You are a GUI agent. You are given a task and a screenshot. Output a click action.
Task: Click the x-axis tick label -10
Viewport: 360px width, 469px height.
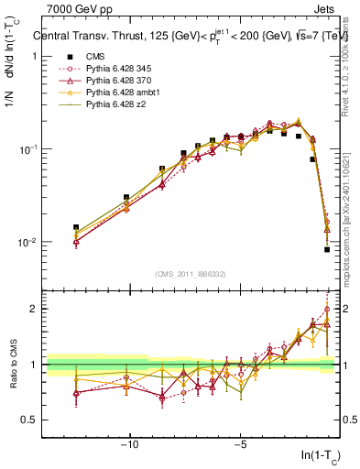click(x=131, y=445)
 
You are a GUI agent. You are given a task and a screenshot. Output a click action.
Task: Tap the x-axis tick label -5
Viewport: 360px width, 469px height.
click(x=240, y=445)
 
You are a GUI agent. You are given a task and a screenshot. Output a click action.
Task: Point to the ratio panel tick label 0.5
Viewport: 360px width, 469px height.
click(x=29, y=420)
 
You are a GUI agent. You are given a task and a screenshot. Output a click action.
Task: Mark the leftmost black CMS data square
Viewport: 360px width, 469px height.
click(x=76, y=227)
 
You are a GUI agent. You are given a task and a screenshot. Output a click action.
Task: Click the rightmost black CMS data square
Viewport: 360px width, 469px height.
click(x=327, y=249)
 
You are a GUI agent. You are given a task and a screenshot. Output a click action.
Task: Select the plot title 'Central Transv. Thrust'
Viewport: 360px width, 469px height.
click(x=92, y=38)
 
